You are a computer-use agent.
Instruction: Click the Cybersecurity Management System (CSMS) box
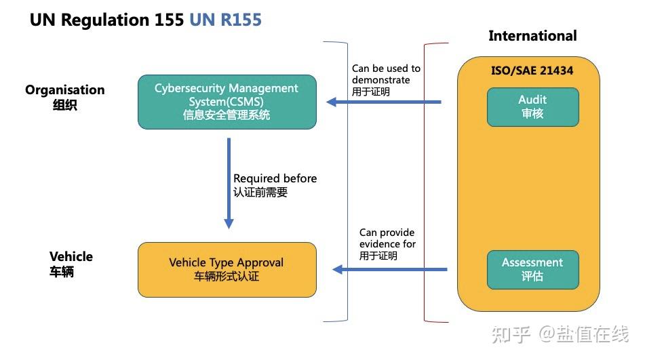[227, 102]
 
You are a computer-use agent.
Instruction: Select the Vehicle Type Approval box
[227, 269]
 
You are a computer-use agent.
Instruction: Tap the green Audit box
[532, 106]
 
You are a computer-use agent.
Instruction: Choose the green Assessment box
[532, 269]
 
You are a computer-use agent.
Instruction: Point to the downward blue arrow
[229, 183]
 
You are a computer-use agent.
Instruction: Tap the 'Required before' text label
[275, 178]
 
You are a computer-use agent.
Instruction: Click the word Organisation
[65, 90]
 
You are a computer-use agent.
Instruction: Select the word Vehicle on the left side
[71, 257]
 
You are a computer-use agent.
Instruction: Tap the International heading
[532, 36]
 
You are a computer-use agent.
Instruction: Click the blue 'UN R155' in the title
[225, 20]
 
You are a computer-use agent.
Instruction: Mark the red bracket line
[425, 183]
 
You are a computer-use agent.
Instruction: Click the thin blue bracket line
[347, 183]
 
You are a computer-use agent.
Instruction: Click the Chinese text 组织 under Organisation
[64, 106]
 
